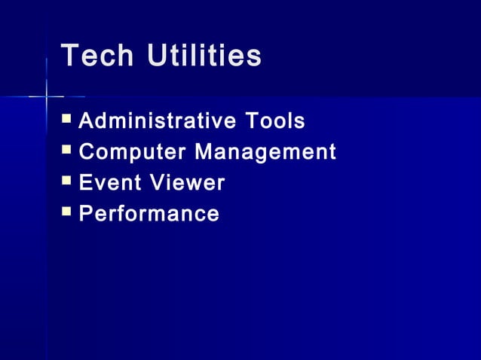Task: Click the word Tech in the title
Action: pos(97,56)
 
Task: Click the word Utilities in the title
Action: pos(204,56)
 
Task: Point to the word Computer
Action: pos(133,152)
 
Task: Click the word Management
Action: pos(265,153)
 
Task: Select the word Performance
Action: pos(149,214)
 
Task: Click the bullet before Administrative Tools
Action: pos(67,119)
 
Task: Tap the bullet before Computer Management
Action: pos(67,150)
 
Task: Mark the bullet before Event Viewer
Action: pos(67,181)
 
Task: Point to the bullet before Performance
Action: pos(67,212)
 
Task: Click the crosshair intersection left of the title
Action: pos(46,96)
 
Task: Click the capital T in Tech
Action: pos(70,56)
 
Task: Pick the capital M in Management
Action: pos(204,152)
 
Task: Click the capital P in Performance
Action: pos(86,214)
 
